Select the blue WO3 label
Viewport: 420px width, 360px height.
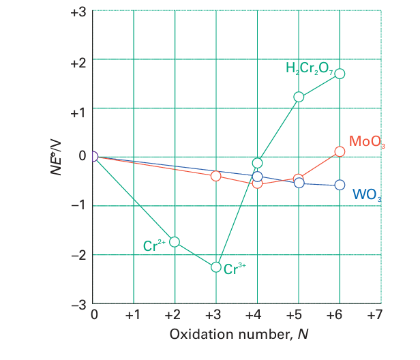click(366, 194)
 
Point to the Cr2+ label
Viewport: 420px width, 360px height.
click(155, 246)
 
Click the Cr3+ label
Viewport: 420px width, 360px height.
click(235, 269)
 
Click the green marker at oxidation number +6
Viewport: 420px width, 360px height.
click(340, 74)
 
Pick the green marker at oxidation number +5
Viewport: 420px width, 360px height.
click(299, 97)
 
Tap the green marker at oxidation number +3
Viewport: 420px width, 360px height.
click(216, 267)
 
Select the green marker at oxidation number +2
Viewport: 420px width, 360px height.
click(175, 242)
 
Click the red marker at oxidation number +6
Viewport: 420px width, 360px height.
click(340, 151)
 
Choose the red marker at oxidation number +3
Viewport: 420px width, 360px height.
click(216, 176)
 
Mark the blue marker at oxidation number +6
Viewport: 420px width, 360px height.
click(340, 185)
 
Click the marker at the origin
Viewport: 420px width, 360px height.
click(93, 156)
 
